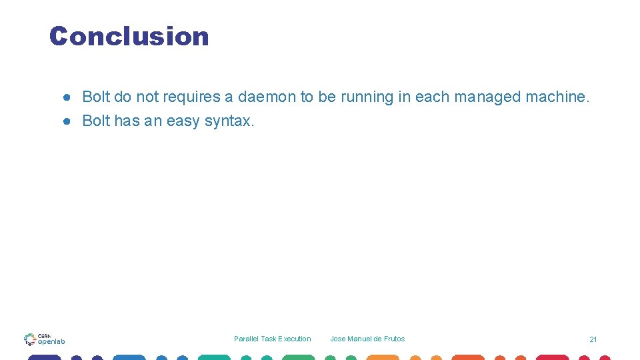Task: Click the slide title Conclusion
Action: [129, 36]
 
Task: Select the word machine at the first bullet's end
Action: [557, 97]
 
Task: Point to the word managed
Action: [488, 97]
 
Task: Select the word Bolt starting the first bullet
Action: [95, 97]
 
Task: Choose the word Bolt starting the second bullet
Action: [95, 121]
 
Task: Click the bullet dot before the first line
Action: [67, 97]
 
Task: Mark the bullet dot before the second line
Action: [67, 121]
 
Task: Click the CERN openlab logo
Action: [45, 339]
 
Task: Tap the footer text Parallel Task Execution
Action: [272, 339]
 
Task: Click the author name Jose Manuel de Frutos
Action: [367, 339]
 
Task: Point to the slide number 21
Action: [593, 339]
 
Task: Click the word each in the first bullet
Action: [431, 97]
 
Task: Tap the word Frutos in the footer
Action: [394, 339]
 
